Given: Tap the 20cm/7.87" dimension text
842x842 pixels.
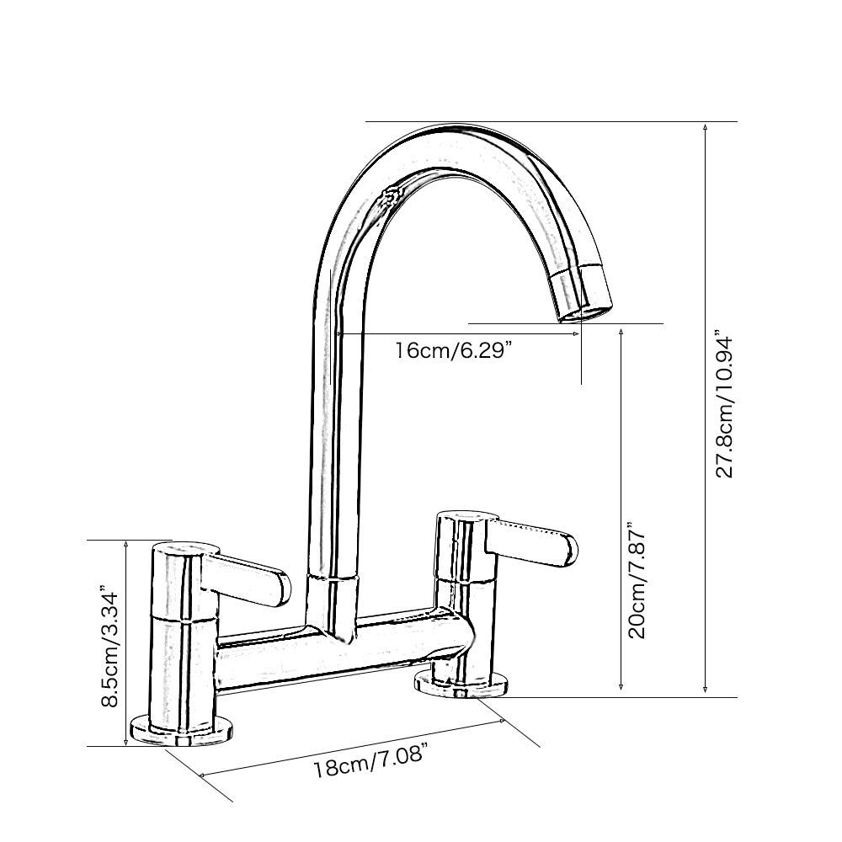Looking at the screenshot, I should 637,581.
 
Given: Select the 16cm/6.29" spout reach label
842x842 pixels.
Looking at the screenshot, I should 454,350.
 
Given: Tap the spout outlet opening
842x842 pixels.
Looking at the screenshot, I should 582,313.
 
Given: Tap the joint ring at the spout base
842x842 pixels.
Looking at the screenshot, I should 335,578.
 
